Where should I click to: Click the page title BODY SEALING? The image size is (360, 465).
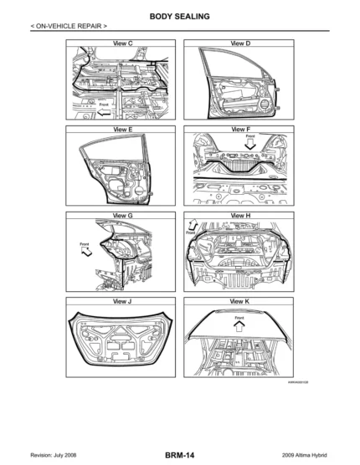coord(180,16)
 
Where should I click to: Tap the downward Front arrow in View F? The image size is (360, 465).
coord(250,143)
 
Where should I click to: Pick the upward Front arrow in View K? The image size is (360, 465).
coord(239,327)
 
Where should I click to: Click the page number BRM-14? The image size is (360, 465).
coord(180,454)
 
